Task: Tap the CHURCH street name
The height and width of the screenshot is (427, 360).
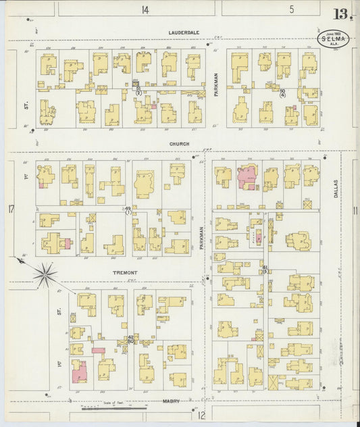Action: (x=179, y=144)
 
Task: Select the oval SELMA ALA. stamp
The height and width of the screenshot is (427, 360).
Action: (x=334, y=39)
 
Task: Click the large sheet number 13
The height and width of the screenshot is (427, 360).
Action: (x=340, y=14)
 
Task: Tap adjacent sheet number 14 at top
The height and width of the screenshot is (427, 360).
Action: (x=145, y=9)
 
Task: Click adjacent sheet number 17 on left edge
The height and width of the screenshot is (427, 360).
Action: (x=11, y=209)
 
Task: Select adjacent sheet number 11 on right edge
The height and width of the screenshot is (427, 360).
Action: (x=354, y=210)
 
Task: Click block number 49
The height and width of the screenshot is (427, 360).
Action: (x=128, y=209)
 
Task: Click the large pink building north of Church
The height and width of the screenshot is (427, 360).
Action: (x=247, y=178)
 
